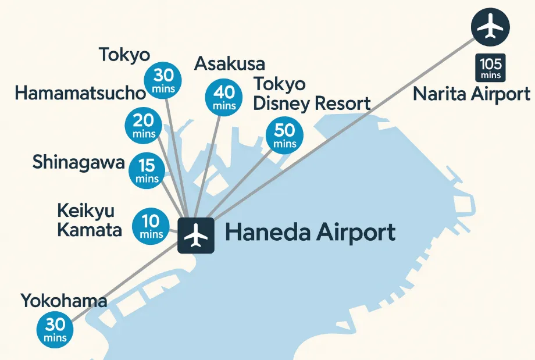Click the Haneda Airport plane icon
[196, 235]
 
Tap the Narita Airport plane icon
[490, 26]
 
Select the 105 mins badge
[491, 67]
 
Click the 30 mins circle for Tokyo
[163, 80]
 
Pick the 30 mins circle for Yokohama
[55, 329]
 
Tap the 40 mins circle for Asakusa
[224, 97]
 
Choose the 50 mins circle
[285, 135]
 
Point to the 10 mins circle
[151, 226]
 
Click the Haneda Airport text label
[310, 233]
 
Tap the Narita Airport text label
[472, 94]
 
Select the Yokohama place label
[64, 301]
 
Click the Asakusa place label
[230, 63]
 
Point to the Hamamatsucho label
[80, 93]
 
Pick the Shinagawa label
[79, 162]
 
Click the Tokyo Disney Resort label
[312, 94]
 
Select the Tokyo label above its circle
[124, 55]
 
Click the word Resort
[342, 104]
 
